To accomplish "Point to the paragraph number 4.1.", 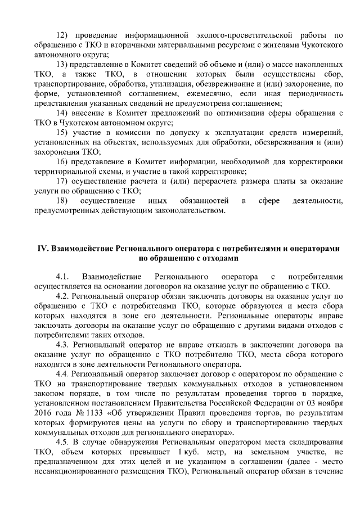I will [x=63, y=276].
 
